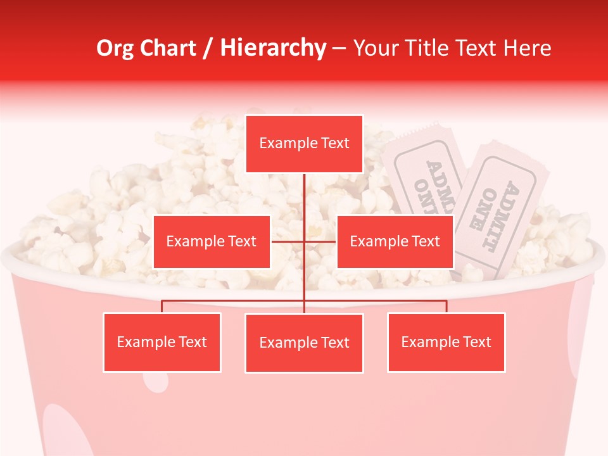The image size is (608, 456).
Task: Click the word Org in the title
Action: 115,48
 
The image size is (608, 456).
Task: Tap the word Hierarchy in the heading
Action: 272,48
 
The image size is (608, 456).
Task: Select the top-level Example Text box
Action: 304,144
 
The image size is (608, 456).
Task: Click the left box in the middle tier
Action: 212,241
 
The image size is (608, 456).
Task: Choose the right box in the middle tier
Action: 395,241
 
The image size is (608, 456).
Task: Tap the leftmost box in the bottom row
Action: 161,342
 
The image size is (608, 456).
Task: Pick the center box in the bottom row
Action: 304,343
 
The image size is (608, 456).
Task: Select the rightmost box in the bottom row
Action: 446,342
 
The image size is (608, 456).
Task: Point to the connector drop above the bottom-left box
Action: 161,307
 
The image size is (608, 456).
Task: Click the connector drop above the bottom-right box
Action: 446,307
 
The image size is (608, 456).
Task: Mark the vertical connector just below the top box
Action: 304,190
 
